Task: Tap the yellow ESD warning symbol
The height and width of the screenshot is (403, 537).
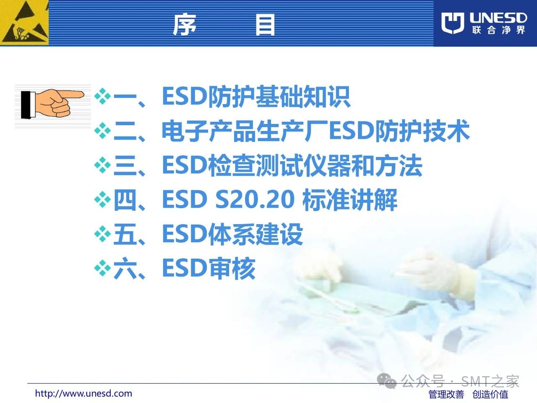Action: [x=24, y=23]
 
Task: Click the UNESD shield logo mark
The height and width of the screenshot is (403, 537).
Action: [x=453, y=23]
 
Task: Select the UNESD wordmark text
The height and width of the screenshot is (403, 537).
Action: [x=498, y=18]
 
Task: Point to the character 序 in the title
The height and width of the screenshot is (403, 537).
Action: [x=185, y=24]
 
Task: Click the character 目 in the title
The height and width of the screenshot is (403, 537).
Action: [x=265, y=25]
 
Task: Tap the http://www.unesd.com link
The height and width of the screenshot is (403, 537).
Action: [x=83, y=394]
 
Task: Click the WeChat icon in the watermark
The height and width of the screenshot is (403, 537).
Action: [x=386, y=381]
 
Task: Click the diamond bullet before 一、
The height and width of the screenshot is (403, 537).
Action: [x=102, y=97]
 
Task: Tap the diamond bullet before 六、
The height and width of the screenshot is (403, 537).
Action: [x=102, y=269]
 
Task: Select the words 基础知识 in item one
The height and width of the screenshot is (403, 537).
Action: [x=303, y=97]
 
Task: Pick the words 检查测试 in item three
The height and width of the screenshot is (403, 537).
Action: [x=255, y=165]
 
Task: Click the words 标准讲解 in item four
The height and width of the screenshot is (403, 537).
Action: [x=350, y=200]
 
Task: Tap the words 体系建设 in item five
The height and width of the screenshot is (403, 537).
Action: [x=255, y=234]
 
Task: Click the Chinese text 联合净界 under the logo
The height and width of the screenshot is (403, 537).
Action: [x=498, y=30]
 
